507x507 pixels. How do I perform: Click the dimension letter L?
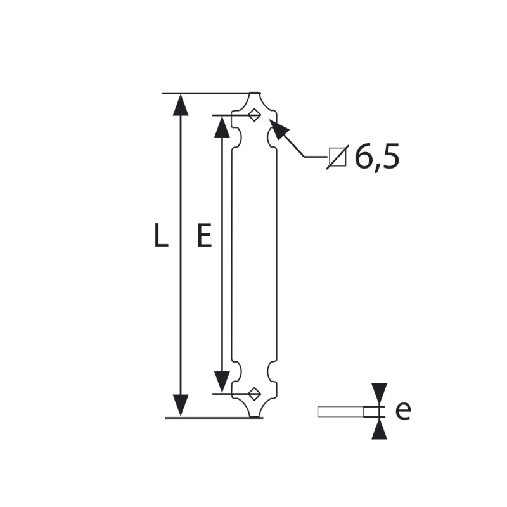[162, 235]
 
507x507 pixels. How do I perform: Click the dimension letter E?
[204, 235]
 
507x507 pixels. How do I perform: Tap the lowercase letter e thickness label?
[403, 411]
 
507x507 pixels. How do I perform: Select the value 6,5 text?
[377, 157]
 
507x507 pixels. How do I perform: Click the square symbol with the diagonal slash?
[338, 157]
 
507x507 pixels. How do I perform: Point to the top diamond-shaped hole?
[254, 115]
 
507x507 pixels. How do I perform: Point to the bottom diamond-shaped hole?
[254, 394]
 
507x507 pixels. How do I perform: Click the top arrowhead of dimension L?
[181, 105]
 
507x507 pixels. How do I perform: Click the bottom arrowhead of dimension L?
[181, 406]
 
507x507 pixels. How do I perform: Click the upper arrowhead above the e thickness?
[379, 394]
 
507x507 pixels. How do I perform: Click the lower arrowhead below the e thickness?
[379, 428]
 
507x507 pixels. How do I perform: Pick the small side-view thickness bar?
[348, 411]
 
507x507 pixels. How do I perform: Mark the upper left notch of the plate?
[237, 137]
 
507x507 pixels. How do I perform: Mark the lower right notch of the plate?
[272, 372]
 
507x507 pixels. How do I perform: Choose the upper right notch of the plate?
[272, 137]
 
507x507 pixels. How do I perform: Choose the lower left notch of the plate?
[237, 372]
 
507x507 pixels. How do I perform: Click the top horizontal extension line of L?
[212, 93]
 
